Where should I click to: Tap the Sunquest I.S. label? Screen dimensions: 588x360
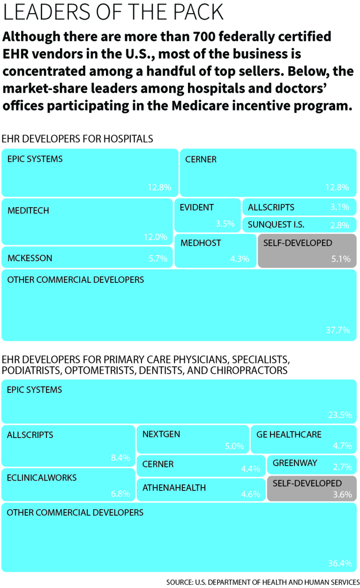click(x=276, y=225)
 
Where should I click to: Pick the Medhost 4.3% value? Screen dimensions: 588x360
click(x=240, y=258)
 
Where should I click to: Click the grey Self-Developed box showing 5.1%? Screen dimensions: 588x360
click(x=307, y=251)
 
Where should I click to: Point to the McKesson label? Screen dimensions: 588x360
click(x=30, y=258)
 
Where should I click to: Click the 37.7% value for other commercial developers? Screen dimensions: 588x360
click(x=338, y=330)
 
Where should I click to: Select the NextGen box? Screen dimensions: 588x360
click(x=193, y=439)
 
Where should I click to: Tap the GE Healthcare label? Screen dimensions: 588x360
click(x=289, y=435)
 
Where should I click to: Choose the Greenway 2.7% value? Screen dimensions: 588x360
click(x=342, y=467)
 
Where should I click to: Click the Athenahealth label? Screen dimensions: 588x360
click(x=174, y=488)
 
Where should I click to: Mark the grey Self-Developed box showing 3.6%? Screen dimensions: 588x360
click(x=312, y=489)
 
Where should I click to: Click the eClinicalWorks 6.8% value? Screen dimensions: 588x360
click(x=120, y=494)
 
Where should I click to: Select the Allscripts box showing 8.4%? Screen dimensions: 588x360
click(x=69, y=445)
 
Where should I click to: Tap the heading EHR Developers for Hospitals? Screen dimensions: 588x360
click(x=77, y=139)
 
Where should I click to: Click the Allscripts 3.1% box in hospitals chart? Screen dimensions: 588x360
click(x=299, y=207)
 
